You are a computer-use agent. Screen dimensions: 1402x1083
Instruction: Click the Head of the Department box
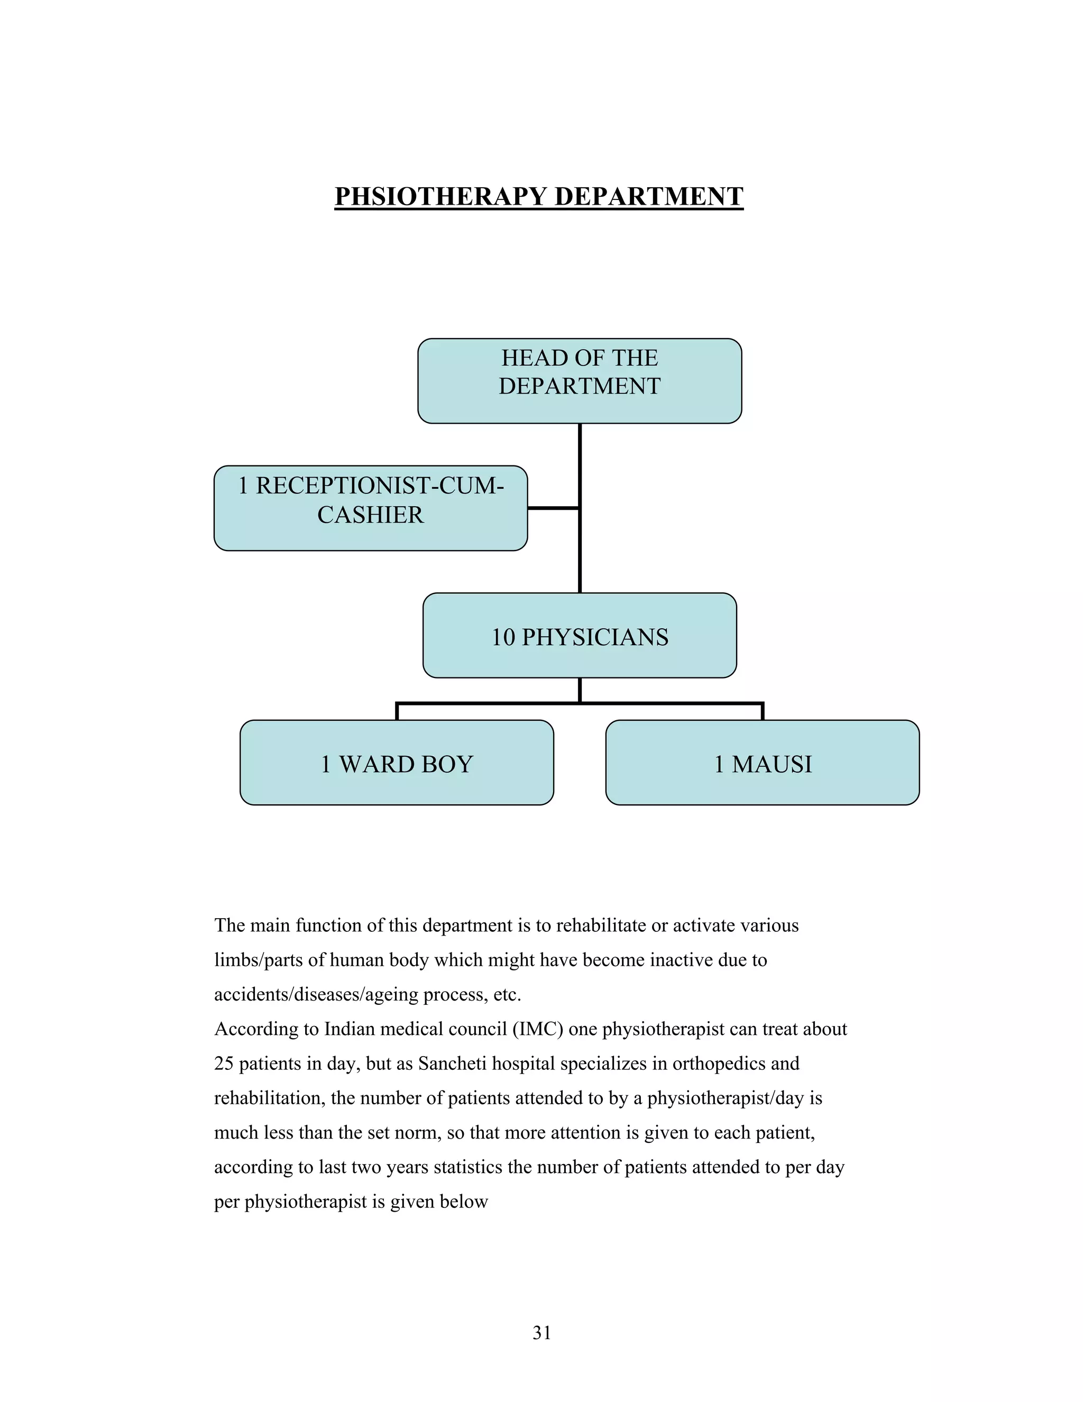579,380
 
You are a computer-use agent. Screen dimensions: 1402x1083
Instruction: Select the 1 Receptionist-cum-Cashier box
370,507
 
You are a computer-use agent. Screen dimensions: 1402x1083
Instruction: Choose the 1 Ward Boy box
396,762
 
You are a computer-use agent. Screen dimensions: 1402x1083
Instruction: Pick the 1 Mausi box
762,762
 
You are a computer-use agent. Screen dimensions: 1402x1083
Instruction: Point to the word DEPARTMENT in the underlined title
648,196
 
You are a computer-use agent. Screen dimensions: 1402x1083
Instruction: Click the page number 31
541,1333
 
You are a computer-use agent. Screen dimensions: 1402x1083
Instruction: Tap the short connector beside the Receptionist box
553,508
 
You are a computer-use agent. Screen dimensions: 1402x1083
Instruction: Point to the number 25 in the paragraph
223,1064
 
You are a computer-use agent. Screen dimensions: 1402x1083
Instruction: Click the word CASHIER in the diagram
370,515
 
